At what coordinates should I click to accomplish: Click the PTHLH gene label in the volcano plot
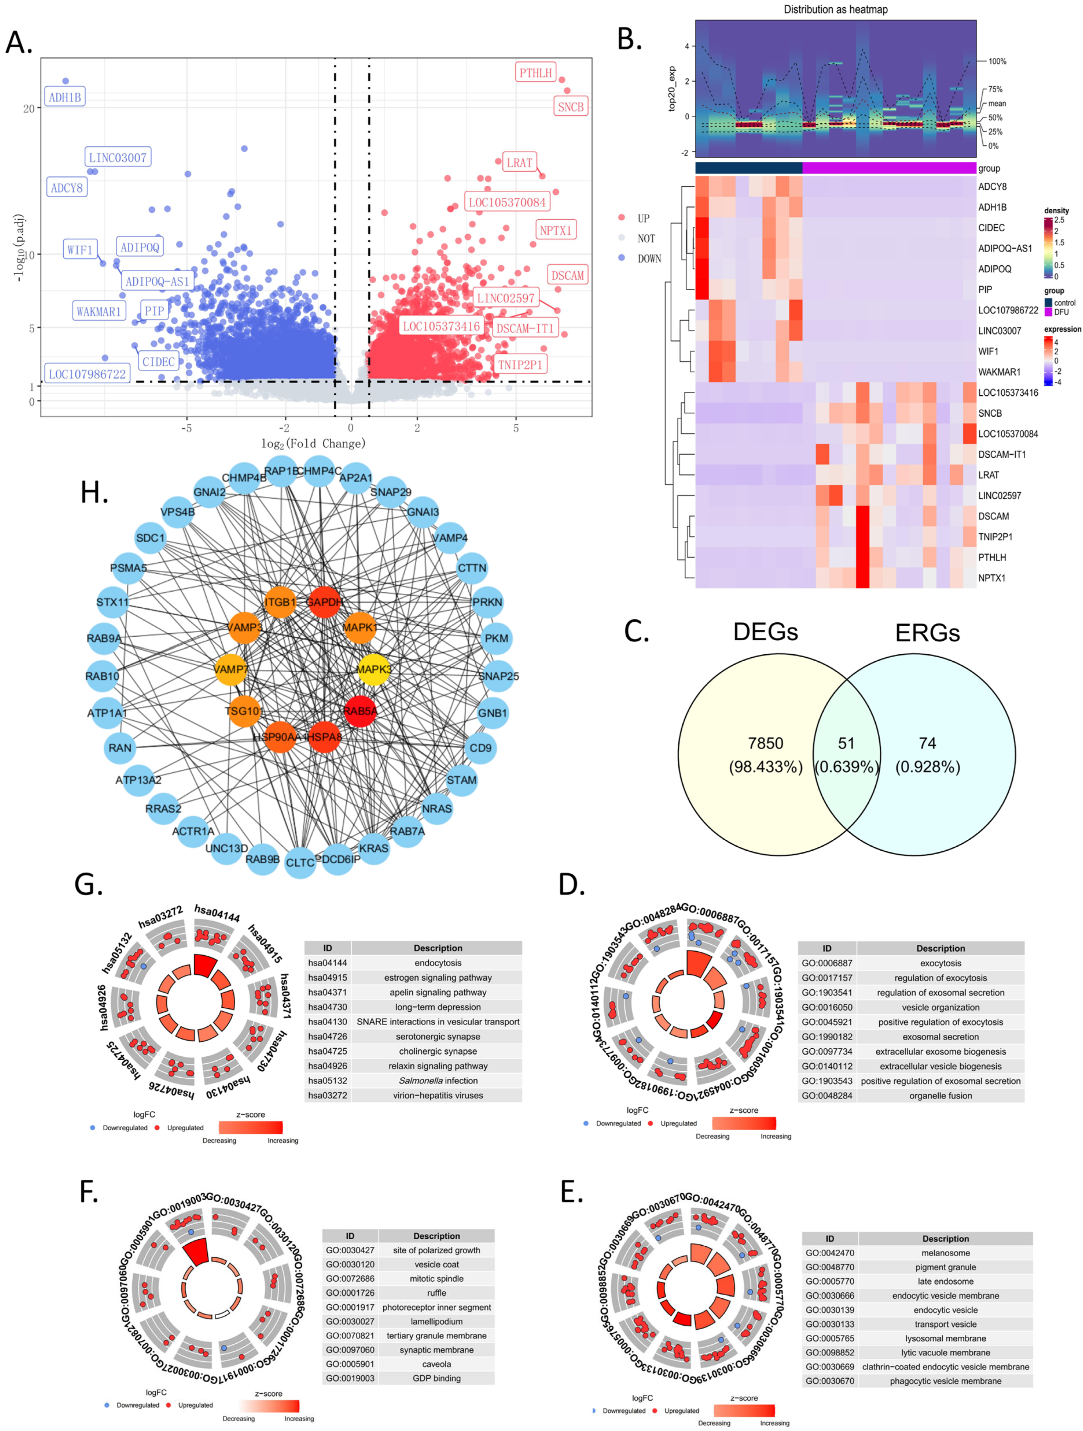535,72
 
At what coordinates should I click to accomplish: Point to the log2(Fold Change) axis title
313,443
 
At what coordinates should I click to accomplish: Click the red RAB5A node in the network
360,711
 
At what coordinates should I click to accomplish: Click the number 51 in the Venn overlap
846,743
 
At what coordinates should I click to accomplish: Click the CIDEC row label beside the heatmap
991,228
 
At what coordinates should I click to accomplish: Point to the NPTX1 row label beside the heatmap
992,578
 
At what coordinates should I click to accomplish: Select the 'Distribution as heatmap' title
835,9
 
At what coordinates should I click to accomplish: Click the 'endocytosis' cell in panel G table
438,963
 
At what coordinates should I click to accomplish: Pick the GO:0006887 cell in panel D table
827,963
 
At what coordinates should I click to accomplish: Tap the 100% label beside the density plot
997,61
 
